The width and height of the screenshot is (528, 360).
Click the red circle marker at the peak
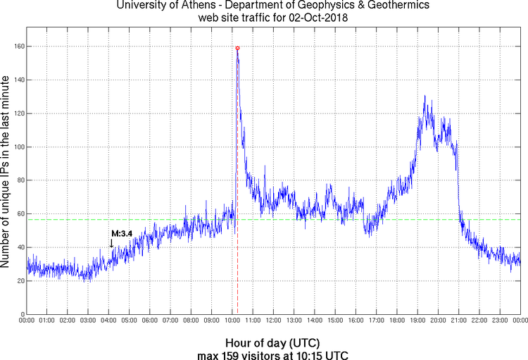tap(237, 48)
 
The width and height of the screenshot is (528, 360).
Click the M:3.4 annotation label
tap(120, 233)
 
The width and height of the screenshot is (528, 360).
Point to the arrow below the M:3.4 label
tap(111, 243)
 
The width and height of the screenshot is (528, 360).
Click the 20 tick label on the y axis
tap(20, 281)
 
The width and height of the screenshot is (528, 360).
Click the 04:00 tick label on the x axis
tap(109, 321)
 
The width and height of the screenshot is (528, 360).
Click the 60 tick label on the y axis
tap(20, 214)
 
